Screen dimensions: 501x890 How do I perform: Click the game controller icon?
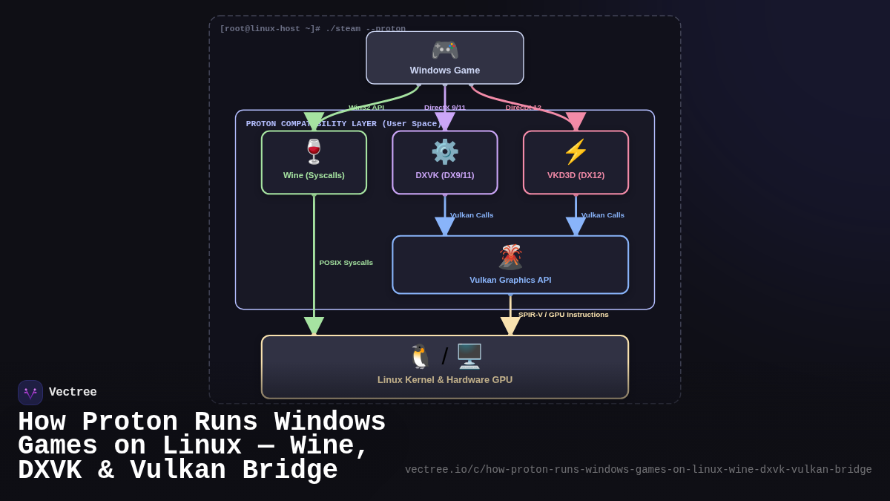(445, 50)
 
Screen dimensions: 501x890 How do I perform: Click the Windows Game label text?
(445, 71)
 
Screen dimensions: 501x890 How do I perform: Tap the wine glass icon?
(314, 151)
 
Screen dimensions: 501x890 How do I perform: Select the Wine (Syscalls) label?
(314, 175)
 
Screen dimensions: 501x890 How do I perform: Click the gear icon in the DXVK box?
(445, 151)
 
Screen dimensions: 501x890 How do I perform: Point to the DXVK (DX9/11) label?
(445, 175)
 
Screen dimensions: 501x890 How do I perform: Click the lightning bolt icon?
(576, 151)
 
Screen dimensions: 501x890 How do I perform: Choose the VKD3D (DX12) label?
(576, 175)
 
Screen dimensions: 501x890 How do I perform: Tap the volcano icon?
(510, 257)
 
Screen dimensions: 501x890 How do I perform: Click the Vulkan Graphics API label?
(510, 280)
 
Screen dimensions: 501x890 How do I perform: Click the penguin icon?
(421, 356)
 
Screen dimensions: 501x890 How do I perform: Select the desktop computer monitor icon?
(469, 356)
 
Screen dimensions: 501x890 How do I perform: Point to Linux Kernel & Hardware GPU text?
(445, 379)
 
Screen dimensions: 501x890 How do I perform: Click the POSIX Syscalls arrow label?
(346, 263)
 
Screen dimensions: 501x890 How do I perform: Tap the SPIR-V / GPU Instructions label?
(563, 315)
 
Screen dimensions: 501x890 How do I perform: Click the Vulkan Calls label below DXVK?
(471, 215)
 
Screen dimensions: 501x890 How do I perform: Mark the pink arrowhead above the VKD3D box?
(576, 121)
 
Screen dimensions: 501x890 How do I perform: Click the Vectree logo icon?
(30, 393)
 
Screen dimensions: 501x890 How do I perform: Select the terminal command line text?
(312, 29)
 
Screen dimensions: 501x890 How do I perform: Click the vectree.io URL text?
(638, 470)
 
